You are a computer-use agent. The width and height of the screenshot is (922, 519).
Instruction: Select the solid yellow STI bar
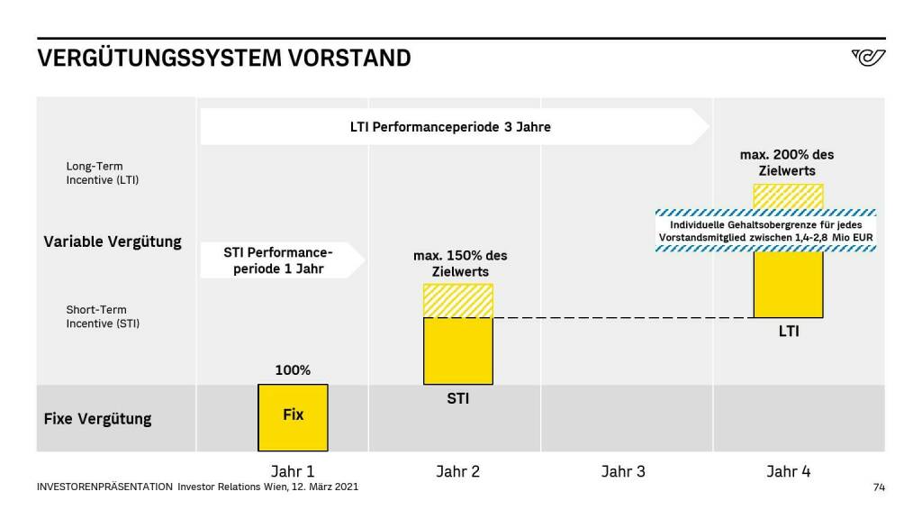[458, 351]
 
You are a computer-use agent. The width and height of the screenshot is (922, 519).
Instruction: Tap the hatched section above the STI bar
[458, 301]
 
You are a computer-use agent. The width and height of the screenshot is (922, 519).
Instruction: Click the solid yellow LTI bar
[788, 284]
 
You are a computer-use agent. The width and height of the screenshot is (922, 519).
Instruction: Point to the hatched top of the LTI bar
[788, 196]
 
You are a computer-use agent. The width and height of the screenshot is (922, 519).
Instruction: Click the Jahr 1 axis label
[293, 471]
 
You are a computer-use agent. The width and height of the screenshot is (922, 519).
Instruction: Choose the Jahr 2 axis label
[458, 471]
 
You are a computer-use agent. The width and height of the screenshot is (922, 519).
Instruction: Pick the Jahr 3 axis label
[623, 471]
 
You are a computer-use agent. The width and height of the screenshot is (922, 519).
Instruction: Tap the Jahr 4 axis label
[788, 471]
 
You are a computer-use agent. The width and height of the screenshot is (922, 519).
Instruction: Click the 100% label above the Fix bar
[293, 370]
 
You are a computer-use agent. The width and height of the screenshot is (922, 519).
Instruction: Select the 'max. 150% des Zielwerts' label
[460, 263]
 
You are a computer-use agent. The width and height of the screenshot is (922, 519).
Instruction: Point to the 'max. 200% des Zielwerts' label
[787, 163]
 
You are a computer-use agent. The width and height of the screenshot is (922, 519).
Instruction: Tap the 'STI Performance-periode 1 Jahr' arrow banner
[280, 260]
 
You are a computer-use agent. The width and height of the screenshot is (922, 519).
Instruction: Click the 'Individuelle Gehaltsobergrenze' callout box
[766, 231]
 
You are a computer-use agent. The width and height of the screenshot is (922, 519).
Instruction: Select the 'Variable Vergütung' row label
[113, 241]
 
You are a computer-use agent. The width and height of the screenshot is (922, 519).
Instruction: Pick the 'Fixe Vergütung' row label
[97, 419]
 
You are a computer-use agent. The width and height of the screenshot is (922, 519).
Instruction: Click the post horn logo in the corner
[868, 59]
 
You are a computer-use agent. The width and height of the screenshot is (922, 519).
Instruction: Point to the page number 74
[879, 487]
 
